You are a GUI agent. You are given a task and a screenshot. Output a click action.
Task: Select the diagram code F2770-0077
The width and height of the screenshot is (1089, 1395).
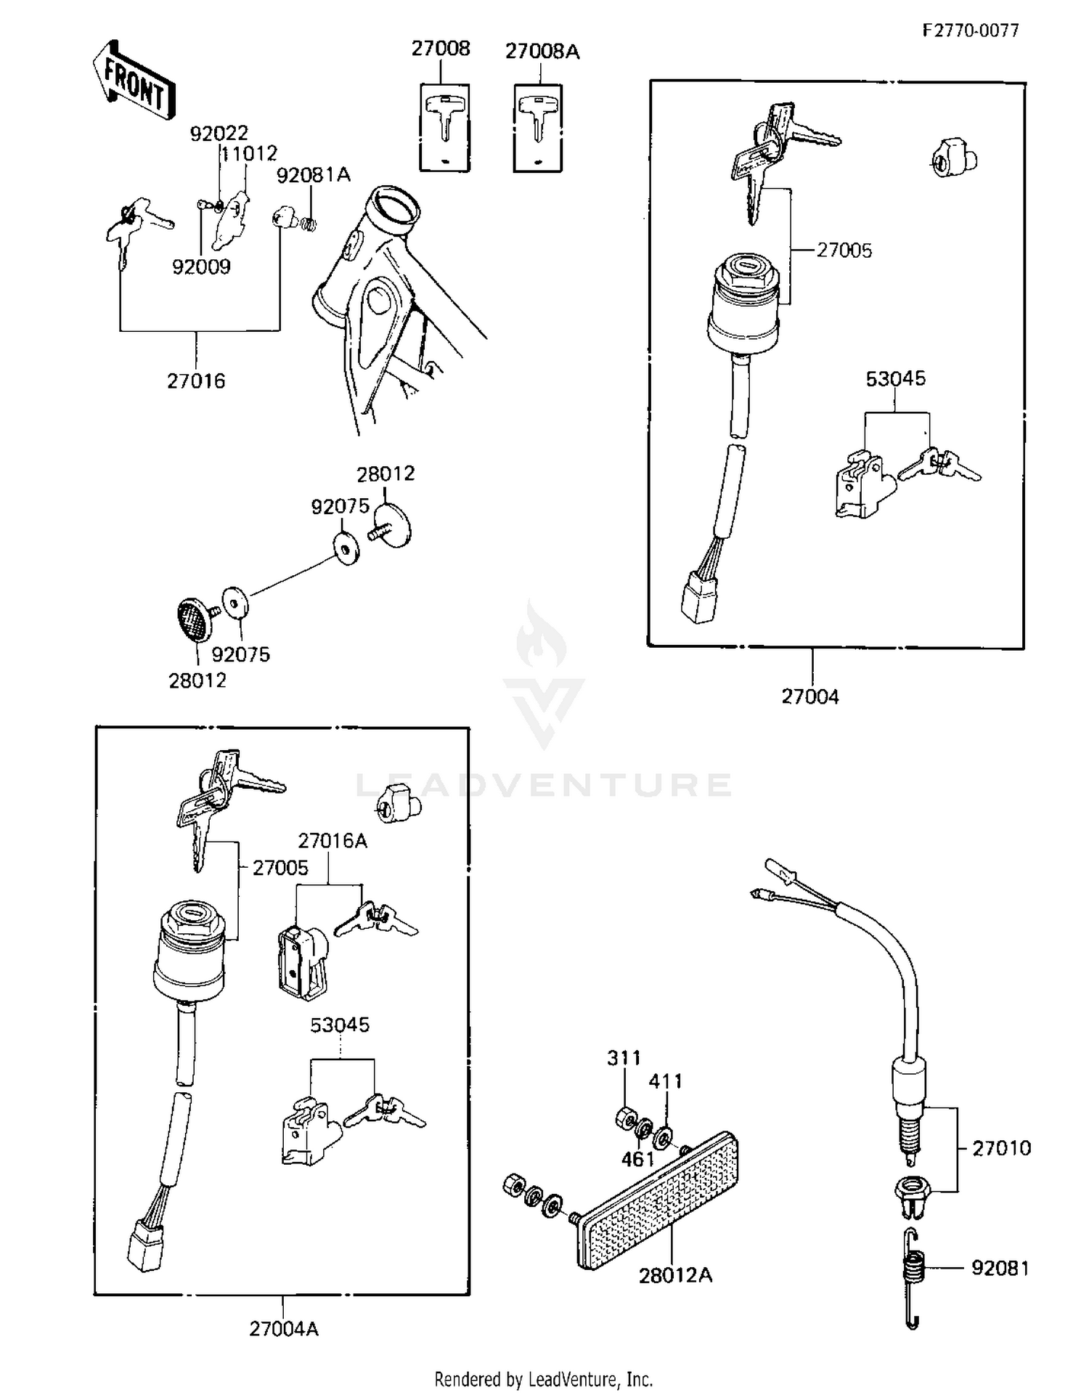tap(971, 30)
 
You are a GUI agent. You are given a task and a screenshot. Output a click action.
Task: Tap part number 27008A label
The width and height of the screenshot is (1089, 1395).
tap(542, 52)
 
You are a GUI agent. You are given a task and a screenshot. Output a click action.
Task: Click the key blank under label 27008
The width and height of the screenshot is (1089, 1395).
tap(444, 128)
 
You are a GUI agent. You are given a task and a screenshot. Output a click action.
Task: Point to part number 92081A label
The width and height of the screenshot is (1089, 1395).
tap(313, 175)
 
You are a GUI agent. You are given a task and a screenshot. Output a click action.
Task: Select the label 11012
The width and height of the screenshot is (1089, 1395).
tap(249, 154)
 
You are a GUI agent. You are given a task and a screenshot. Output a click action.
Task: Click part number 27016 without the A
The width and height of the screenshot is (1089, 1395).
tap(196, 381)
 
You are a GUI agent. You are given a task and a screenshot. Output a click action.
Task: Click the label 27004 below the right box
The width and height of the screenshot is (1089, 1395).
tap(809, 697)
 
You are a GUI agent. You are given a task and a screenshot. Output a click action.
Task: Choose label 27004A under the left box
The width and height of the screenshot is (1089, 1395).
tap(284, 1329)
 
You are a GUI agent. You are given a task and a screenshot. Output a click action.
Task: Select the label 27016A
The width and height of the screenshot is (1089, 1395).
tap(333, 841)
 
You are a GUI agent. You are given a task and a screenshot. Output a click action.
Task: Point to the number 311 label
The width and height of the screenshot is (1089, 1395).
tap(624, 1058)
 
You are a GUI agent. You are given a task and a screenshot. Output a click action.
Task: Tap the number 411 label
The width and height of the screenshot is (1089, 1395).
tap(665, 1082)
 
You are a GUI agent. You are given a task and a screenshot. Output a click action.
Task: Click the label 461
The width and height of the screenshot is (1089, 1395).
tap(637, 1160)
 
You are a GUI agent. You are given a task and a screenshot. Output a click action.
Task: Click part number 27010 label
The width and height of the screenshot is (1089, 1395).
tap(1001, 1148)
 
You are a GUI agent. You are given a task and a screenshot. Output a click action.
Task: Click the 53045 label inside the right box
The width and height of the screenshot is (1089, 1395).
tap(895, 379)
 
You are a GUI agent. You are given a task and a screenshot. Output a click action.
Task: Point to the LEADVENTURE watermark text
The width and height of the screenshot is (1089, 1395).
tap(544, 785)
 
